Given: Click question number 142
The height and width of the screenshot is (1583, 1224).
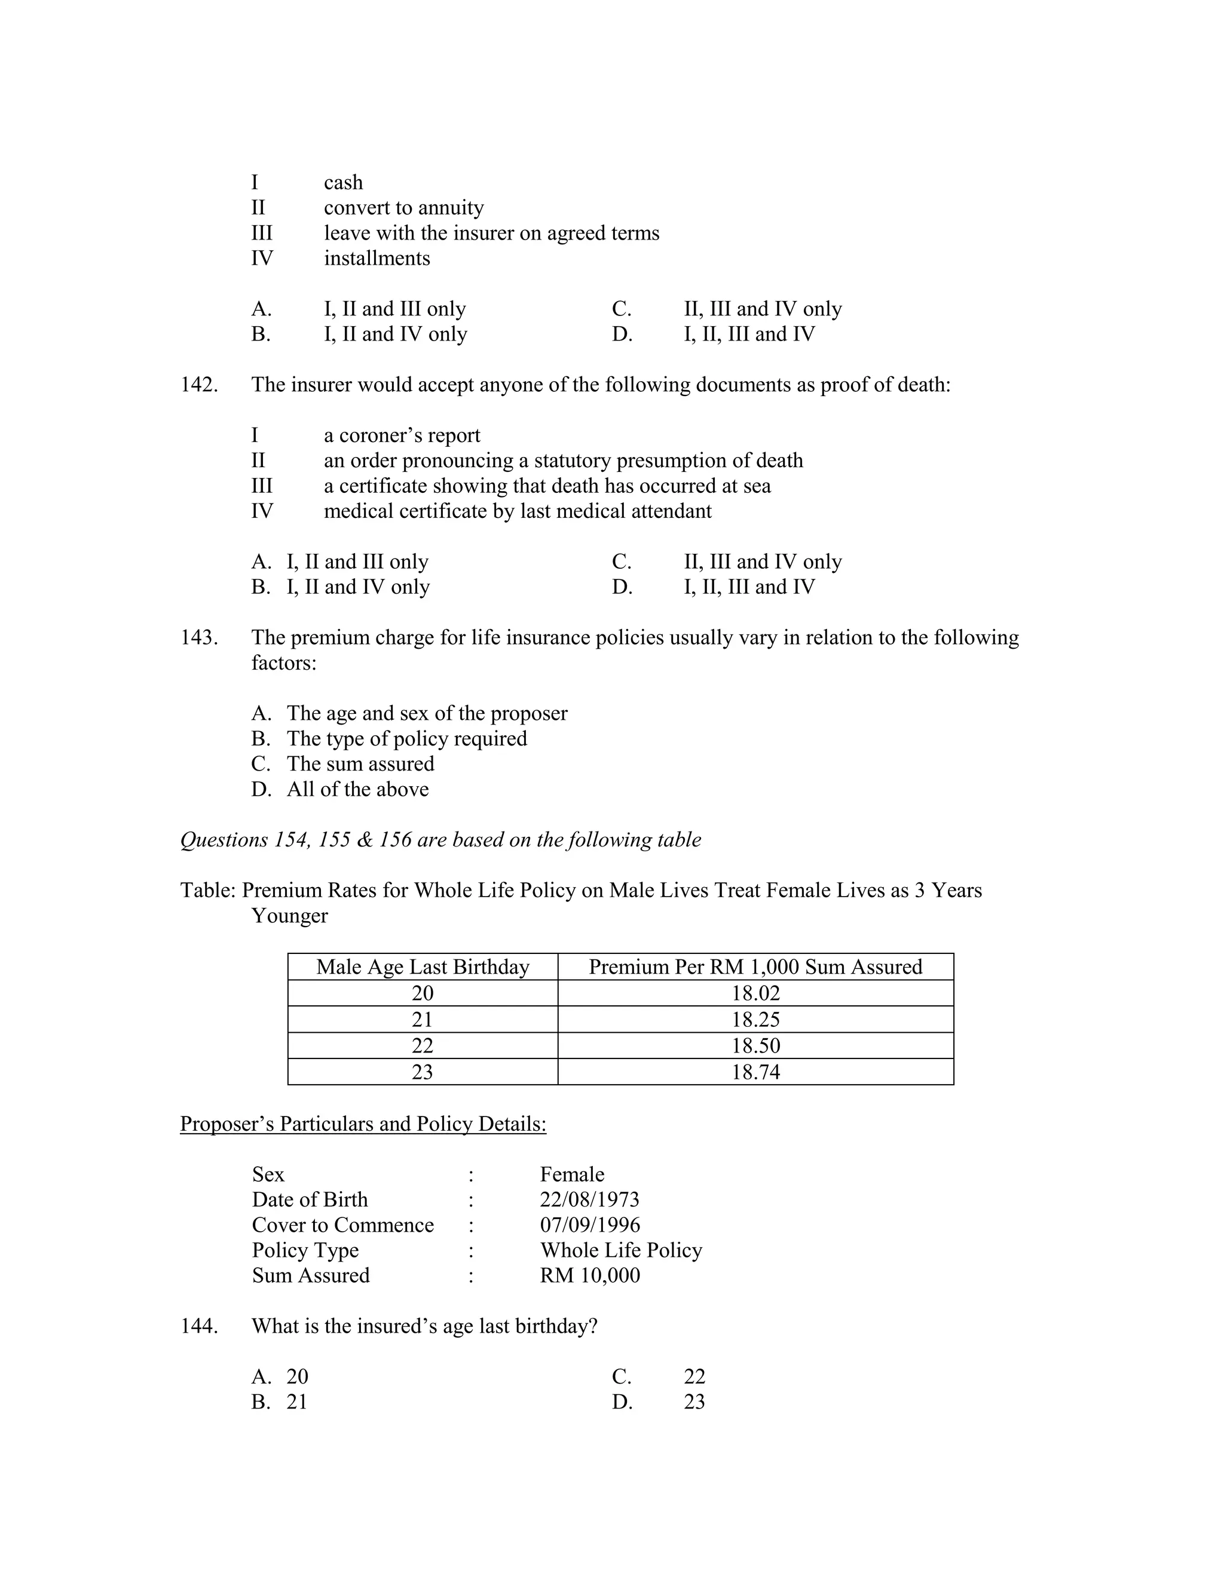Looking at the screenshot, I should (x=198, y=385).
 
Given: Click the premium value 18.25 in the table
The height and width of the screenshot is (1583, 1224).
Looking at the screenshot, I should (x=755, y=1019).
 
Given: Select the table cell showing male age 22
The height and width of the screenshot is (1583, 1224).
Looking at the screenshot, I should (x=422, y=1045).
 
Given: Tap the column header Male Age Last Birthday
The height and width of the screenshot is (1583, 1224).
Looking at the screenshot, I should (x=422, y=967).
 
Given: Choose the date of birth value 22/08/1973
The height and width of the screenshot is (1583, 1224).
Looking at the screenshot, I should (x=589, y=1199).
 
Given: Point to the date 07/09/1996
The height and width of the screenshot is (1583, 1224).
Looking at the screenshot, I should (x=589, y=1225).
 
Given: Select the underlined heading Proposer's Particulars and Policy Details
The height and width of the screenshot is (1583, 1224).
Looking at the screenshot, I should (x=363, y=1124).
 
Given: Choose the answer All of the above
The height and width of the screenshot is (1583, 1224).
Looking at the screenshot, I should (x=357, y=789).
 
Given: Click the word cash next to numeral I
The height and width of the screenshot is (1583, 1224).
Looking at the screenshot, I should (x=343, y=183).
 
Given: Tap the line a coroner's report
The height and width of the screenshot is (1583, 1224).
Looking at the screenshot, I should (x=402, y=435).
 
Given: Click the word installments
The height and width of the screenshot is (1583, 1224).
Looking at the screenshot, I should (x=377, y=258).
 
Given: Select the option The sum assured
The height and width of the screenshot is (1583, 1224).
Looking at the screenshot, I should (x=360, y=764).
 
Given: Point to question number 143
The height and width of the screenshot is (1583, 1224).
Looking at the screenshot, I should (x=198, y=638).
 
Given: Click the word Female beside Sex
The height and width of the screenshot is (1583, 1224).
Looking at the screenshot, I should (x=571, y=1174).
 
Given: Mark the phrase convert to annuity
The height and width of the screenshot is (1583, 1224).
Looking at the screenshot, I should (x=403, y=208).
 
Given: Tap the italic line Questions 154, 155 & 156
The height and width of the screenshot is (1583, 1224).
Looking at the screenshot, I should (x=440, y=839).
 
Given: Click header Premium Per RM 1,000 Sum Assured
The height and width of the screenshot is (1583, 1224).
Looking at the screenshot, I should (x=755, y=967).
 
